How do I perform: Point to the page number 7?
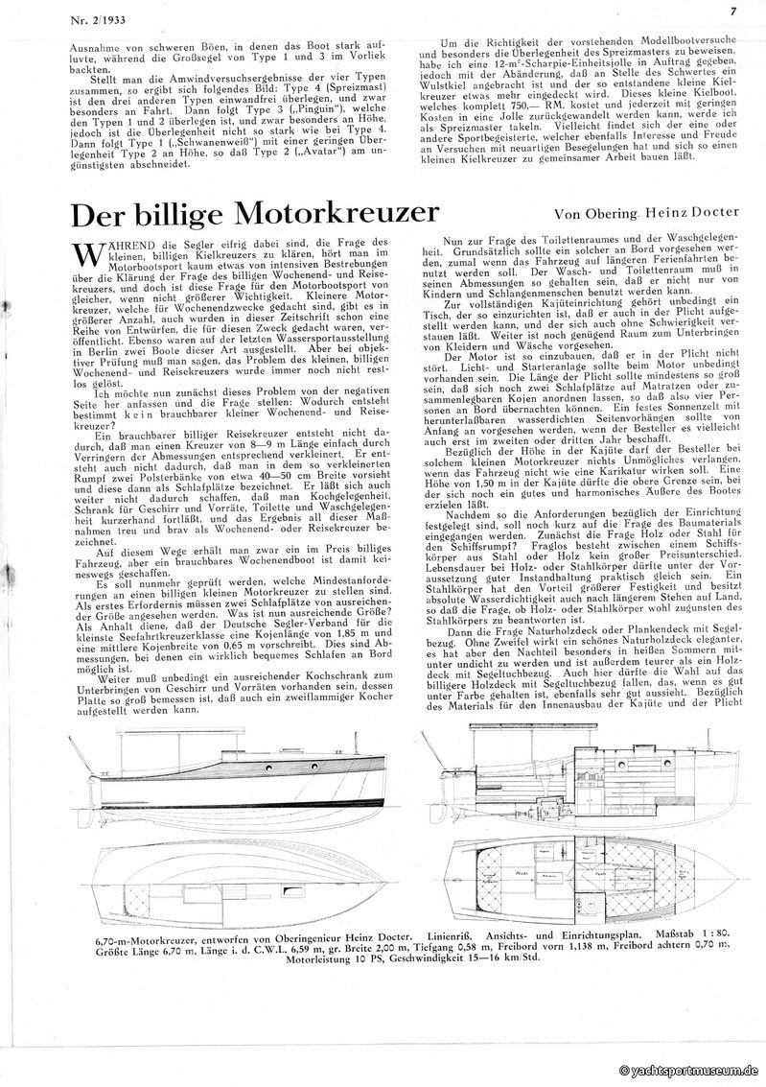pos(731,12)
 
